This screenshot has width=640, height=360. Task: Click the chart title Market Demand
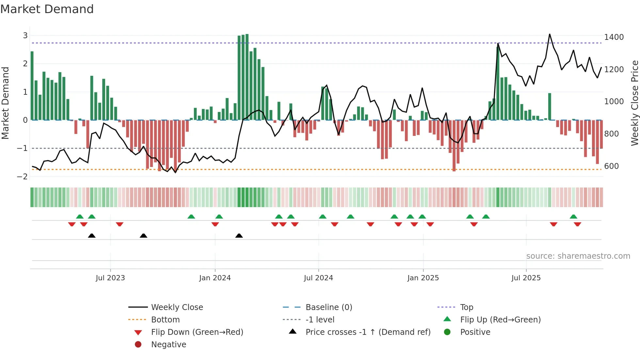coord(47,9)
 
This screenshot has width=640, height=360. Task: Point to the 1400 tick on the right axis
coord(614,37)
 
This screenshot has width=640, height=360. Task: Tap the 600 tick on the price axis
coord(611,166)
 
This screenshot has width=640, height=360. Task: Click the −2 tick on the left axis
coord(23,177)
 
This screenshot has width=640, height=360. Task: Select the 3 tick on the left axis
coord(25,36)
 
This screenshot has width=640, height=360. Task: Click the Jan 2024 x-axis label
coord(215,278)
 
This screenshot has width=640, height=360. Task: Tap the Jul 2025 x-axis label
coord(526,278)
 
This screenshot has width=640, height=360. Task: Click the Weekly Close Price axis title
coord(634,103)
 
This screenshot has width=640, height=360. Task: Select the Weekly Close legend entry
coord(177,307)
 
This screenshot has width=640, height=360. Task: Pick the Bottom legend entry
coord(165,320)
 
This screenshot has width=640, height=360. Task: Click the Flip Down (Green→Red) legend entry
coord(197,332)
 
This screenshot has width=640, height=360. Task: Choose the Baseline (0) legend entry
coord(328,307)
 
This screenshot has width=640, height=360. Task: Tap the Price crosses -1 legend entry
coord(368,332)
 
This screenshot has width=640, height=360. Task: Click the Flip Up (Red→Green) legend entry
coord(500,320)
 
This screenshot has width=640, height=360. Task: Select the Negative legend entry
coord(168,345)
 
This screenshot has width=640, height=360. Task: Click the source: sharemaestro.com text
coord(578,256)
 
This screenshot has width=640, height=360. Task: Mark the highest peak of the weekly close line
coord(550,34)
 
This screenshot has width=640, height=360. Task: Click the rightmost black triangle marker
coord(239,236)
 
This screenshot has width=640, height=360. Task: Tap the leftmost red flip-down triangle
coord(72,224)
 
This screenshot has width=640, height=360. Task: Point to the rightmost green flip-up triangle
coord(573,217)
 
